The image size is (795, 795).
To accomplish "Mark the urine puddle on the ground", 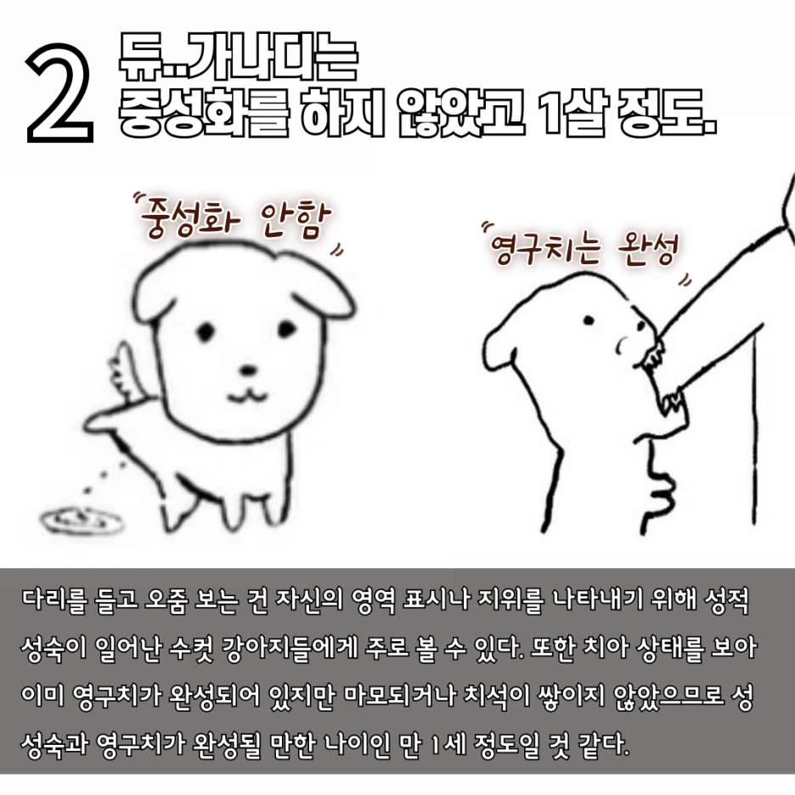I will click(x=74, y=519).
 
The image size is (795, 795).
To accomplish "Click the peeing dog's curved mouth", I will click(x=246, y=392).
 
